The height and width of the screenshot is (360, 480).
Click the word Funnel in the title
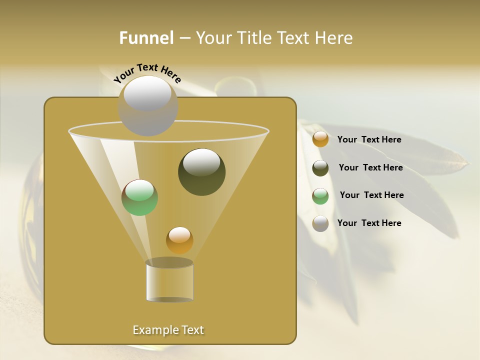(146, 38)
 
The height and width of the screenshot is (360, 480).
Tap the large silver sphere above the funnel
(148, 106)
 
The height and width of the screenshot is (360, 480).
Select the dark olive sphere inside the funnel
(202, 172)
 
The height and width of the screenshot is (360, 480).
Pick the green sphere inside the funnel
(140, 197)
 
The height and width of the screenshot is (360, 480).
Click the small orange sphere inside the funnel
(179, 240)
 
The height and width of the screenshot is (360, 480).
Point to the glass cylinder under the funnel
(169, 281)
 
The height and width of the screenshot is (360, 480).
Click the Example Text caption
(168, 330)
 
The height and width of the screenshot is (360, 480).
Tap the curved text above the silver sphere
(147, 73)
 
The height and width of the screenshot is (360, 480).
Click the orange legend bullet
(320, 139)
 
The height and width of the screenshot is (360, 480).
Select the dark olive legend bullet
(320, 168)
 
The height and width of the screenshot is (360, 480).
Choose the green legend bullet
(320, 196)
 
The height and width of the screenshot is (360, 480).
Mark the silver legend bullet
(320, 223)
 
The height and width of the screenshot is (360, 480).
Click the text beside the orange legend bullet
(369, 139)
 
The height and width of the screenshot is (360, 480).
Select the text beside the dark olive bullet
(370, 167)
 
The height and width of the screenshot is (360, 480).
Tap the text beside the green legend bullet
(371, 195)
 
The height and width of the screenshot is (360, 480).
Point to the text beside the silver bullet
(369, 223)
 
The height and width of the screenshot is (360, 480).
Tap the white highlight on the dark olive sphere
(202, 161)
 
